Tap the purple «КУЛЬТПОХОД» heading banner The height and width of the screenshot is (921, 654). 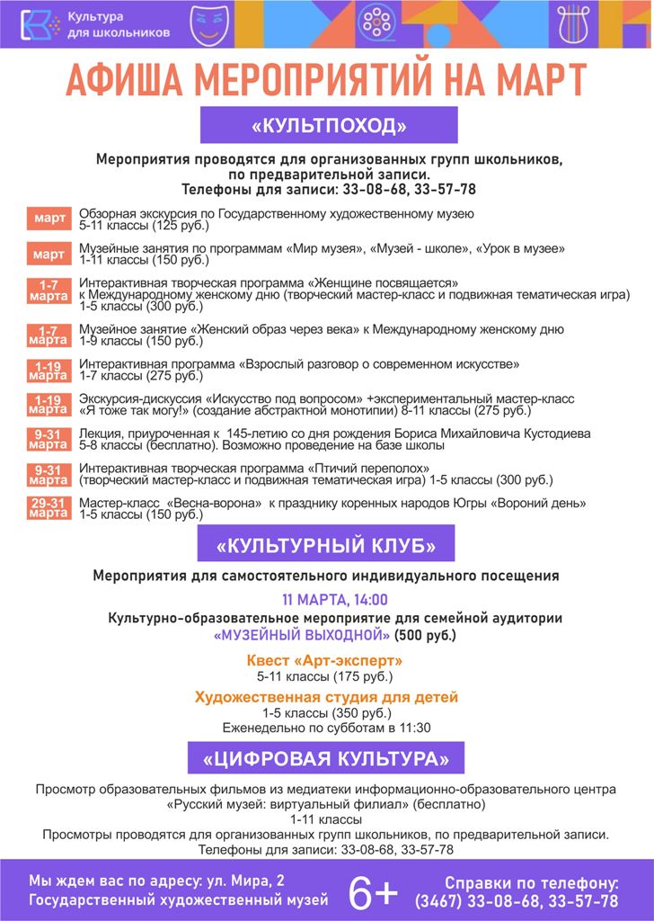(329, 125)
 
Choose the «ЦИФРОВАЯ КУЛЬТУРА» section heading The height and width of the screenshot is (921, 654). (325, 757)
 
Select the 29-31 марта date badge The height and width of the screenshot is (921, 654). (48, 507)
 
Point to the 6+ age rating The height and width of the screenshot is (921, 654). (373, 892)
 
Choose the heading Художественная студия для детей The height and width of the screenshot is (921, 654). (326, 697)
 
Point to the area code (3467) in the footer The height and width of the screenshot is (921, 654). (436, 901)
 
